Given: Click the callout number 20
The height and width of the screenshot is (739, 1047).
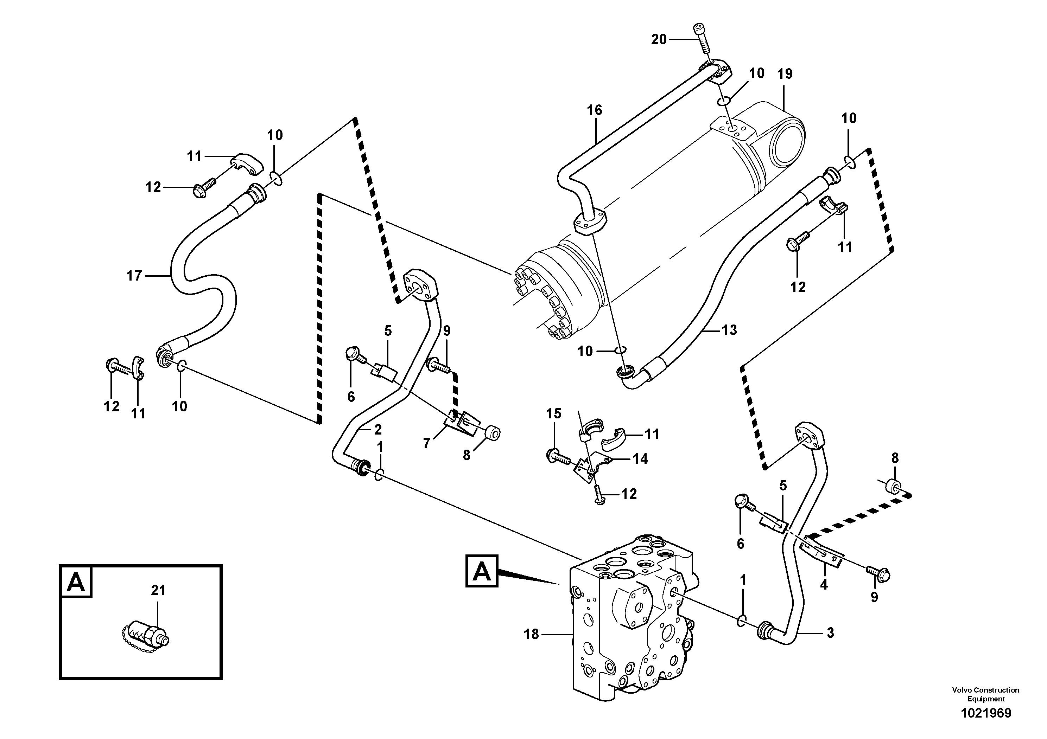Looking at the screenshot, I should pyautogui.click(x=659, y=40).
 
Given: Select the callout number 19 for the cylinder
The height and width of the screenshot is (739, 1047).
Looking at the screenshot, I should pyautogui.click(x=785, y=74).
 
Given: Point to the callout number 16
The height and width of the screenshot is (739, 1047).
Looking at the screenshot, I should pyautogui.click(x=594, y=110).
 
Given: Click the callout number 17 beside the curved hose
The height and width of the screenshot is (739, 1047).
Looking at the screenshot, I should pyautogui.click(x=134, y=276).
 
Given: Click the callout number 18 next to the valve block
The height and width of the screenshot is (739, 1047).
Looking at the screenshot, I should pyautogui.click(x=531, y=634).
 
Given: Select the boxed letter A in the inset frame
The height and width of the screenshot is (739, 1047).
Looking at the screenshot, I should pyautogui.click(x=76, y=582).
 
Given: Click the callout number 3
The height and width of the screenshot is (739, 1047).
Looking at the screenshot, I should pyautogui.click(x=830, y=633).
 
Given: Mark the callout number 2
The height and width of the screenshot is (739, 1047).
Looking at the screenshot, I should pyautogui.click(x=377, y=429).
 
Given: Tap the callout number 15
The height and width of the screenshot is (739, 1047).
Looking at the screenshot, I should pyautogui.click(x=554, y=414).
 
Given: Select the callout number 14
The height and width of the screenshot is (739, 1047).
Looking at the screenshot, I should pyautogui.click(x=640, y=459).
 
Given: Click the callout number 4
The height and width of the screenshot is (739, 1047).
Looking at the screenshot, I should pyautogui.click(x=824, y=585).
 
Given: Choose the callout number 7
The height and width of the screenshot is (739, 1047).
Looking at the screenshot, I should pyautogui.click(x=426, y=443).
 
